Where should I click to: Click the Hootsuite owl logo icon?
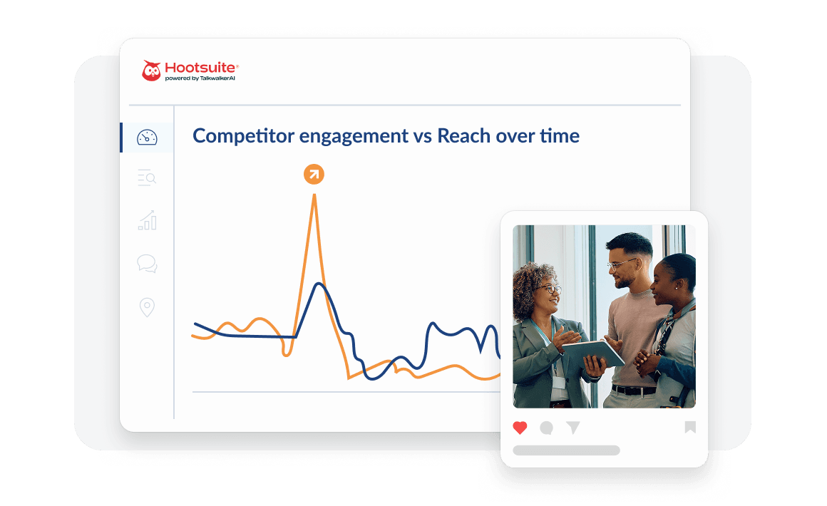(151, 71)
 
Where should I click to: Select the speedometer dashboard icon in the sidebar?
(147, 138)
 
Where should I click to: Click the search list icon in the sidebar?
(147, 178)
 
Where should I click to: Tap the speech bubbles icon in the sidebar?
(147, 264)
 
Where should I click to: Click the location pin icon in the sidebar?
(147, 308)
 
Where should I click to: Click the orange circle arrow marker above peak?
(314, 174)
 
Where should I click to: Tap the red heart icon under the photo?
(520, 428)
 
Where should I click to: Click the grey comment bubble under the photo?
(547, 428)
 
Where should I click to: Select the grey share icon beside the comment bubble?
(573, 428)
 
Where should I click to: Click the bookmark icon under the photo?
(689, 428)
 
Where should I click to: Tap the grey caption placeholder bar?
(566, 450)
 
